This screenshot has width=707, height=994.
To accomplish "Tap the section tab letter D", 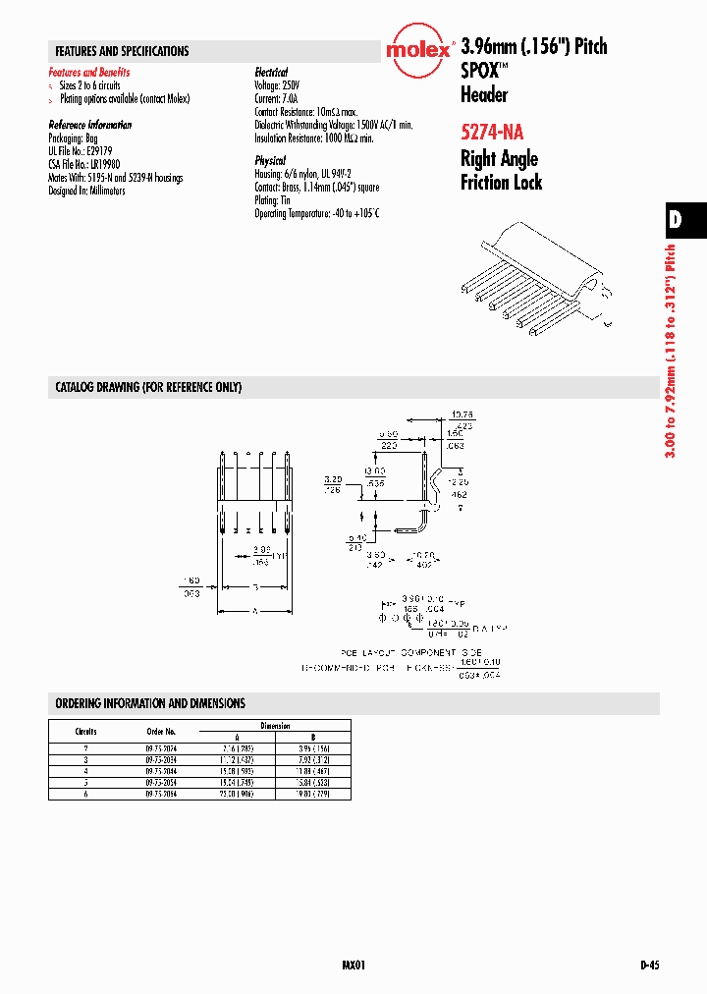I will (x=676, y=220).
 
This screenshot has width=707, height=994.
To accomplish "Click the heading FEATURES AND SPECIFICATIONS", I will (x=122, y=51).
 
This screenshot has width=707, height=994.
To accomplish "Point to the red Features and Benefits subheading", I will (x=89, y=73).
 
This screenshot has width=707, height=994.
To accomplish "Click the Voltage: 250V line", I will (x=276, y=85).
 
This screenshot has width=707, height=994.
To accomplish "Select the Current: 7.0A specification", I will (x=275, y=99).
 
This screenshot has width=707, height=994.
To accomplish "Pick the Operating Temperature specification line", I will (x=316, y=213).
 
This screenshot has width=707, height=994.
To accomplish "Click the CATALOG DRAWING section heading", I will (x=148, y=388).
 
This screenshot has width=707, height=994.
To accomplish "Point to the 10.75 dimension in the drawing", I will (x=462, y=414).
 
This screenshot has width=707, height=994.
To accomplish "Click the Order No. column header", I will (x=161, y=732).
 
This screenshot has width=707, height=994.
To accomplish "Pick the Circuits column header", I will (x=85, y=732).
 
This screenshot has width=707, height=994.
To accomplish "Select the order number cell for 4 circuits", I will (x=161, y=772).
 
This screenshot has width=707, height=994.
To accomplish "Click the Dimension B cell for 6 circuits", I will (x=314, y=793).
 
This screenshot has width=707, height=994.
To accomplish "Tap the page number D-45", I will (x=649, y=966).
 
